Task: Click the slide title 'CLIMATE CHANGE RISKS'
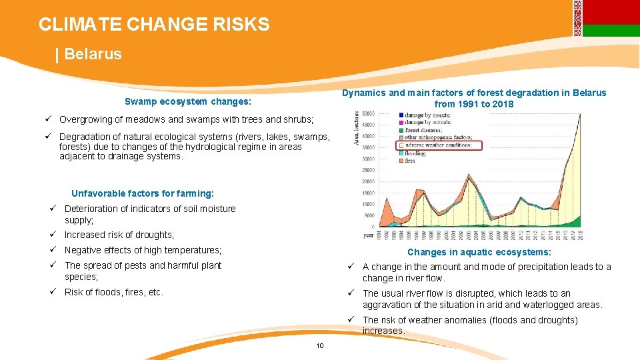click(x=154, y=25)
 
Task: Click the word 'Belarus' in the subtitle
click(x=93, y=54)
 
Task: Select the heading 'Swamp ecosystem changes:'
click(x=188, y=102)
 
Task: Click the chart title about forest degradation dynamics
click(x=474, y=98)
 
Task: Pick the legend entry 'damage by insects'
click(x=427, y=115)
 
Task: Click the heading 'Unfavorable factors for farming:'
click(x=143, y=193)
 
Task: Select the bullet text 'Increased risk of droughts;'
click(x=119, y=235)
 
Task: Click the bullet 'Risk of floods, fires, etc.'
click(x=114, y=292)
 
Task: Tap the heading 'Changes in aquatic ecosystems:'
click(x=479, y=252)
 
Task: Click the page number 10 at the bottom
click(x=320, y=345)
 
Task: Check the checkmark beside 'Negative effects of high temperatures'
click(x=51, y=250)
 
